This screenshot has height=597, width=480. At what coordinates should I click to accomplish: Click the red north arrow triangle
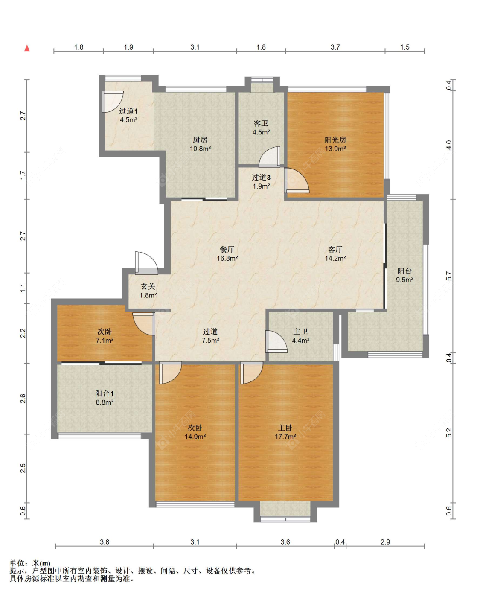coord(27,48)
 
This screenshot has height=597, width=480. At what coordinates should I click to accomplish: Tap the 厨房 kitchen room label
coord(200,140)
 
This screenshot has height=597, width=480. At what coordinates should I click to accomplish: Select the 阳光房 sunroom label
coord(335,140)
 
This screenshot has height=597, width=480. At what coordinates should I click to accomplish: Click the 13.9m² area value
coord(335,149)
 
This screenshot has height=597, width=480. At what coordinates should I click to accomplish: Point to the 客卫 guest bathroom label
coord(261,123)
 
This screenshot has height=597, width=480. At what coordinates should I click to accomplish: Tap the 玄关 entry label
coord(148,286)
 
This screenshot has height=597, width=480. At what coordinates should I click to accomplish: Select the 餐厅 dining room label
coord(227,249)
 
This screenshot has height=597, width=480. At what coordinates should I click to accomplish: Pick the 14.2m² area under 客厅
coord(335,259)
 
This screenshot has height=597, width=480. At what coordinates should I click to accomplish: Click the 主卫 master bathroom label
coord(300,331)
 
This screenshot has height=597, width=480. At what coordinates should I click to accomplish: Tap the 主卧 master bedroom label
coord(285,428)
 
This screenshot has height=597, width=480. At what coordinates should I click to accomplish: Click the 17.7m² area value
coord(285,437)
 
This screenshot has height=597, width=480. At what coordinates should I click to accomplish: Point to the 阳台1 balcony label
coord(105,393)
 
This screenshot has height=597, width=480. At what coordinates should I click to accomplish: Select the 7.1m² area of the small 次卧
coord(105,341)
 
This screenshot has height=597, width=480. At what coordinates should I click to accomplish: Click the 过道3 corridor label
coord(261,177)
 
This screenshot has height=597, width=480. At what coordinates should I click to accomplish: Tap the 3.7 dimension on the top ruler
coord(335,47)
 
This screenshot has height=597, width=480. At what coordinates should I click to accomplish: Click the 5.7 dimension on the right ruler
coord(449,276)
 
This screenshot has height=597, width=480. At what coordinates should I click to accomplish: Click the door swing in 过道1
coord(112,102)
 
